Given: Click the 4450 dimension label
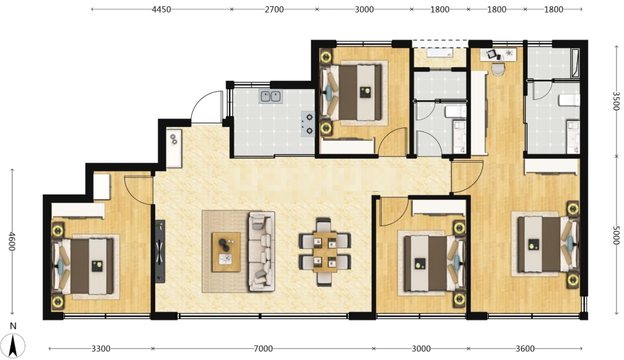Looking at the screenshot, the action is pos(161,9).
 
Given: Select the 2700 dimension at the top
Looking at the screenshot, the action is pos(274,9).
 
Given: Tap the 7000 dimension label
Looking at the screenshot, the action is pos(263,349).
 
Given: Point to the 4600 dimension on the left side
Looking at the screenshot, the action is pos(12,241).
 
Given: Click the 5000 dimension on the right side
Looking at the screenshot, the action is pos(616,235).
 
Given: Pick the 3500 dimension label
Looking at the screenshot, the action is pos(616,101).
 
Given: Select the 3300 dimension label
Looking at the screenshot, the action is pos(100,349).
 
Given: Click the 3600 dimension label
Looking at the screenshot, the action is pos(525,349).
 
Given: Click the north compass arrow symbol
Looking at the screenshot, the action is pos(13,345).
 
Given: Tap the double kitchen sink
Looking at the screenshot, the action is pos(271,96).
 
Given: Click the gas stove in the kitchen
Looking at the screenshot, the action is pos(308,123).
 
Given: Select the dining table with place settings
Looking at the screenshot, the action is pos(325,252).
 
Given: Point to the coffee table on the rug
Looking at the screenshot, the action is pos(226,252).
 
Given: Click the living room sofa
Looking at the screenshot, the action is pos(262,251).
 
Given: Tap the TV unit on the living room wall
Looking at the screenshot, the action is pos(160,251).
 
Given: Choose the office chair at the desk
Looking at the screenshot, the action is pos(497,69).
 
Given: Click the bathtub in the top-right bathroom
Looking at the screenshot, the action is pos(575,63).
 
